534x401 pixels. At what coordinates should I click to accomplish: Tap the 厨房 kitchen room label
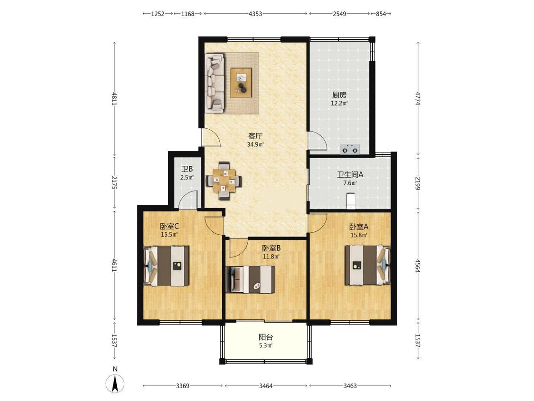point(339,95)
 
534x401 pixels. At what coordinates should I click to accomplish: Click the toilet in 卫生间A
point(350,200)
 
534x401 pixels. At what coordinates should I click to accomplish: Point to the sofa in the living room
point(215,82)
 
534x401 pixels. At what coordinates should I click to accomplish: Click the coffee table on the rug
point(241,83)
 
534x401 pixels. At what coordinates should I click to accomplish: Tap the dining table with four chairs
point(224,180)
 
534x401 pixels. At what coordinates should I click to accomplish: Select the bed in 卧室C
point(167,265)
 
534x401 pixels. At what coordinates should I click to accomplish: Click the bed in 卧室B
point(251,279)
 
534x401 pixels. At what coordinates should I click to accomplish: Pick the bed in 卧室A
point(368,265)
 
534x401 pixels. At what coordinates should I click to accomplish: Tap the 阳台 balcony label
point(266,337)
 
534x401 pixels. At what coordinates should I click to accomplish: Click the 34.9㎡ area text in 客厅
point(255,144)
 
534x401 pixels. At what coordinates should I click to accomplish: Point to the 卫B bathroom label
point(187,169)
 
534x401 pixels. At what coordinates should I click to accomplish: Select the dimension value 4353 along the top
point(255,14)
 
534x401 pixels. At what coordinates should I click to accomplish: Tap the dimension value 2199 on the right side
point(418,183)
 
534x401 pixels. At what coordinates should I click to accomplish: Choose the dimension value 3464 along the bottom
point(266,386)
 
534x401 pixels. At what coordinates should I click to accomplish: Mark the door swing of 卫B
point(188,200)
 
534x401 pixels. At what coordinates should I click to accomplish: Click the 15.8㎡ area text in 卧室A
point(359,235)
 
